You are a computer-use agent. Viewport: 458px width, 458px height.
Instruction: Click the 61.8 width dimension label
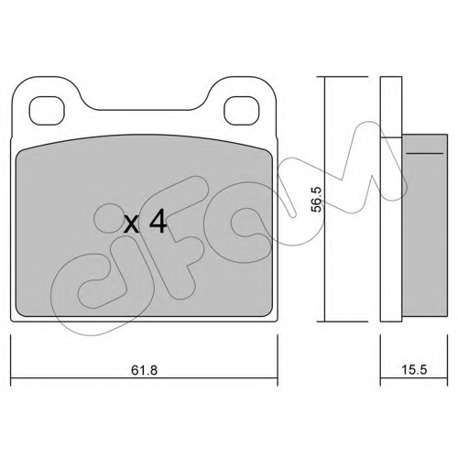click(144, 370)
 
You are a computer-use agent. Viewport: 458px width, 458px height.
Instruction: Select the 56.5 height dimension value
click(317, 199)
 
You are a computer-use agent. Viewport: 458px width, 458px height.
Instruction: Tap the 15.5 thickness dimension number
click(414, 370)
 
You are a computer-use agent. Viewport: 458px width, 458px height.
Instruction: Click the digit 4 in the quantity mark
click(158, 223)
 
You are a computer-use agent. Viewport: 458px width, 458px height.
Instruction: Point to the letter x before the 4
click(132, 225)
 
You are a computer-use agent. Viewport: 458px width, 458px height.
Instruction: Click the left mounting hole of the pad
click(47, 111)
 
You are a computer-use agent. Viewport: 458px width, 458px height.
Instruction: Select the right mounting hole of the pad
click(241, 111)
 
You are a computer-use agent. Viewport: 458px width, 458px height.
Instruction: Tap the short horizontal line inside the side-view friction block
click(425, 153)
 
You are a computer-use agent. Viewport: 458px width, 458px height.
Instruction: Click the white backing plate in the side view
click(391, 199)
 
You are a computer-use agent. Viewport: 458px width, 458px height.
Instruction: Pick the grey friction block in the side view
click(425, 226)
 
